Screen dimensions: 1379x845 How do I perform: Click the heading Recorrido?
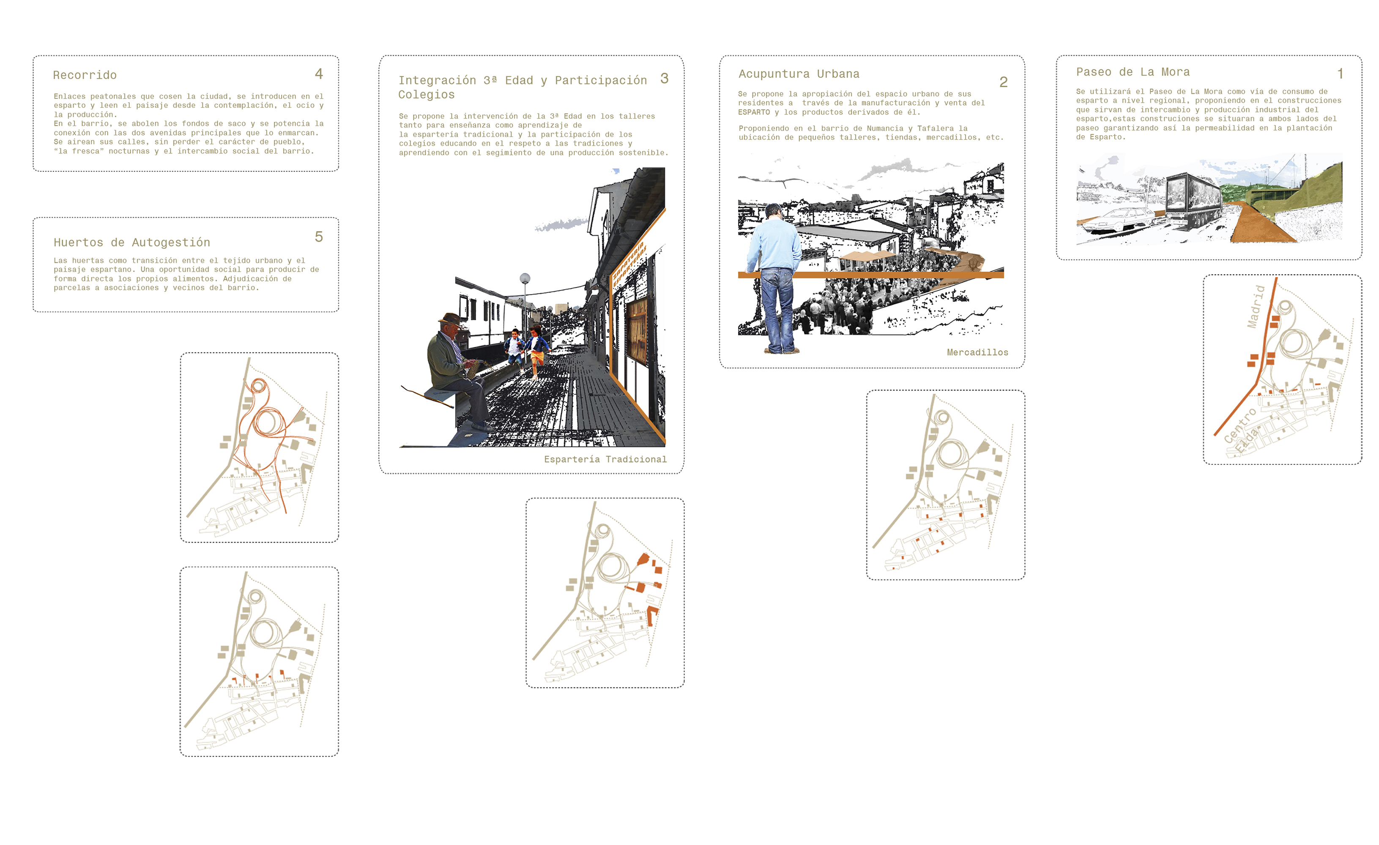pos(85,75)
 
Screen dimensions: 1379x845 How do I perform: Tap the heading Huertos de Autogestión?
pos(132,242)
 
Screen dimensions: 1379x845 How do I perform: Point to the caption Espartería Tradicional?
pos(605,459)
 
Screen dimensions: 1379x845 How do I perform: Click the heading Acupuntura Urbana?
pos(799,74)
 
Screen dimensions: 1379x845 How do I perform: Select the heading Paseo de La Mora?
pos(1133,71)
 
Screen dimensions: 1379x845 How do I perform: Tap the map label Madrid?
pos(1256,306)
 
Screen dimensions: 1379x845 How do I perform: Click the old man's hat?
pos(451,319)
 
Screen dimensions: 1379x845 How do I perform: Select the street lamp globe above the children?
pos(525,278)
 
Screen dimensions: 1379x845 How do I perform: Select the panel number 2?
pos(1004,82)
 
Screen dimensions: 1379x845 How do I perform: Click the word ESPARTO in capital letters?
pos(754,112)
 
